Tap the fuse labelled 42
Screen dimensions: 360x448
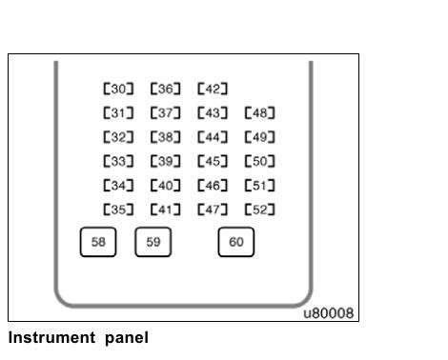[x=212, y=90]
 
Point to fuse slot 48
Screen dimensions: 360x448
[x=260, y=113]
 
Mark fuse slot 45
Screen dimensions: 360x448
[x=212, y=161]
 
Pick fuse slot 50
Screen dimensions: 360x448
[x=260, y=161]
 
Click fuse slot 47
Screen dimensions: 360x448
[x=212, y=209]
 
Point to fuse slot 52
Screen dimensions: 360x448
[x=260, y=209]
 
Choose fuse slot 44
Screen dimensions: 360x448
[x=212, y=137]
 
